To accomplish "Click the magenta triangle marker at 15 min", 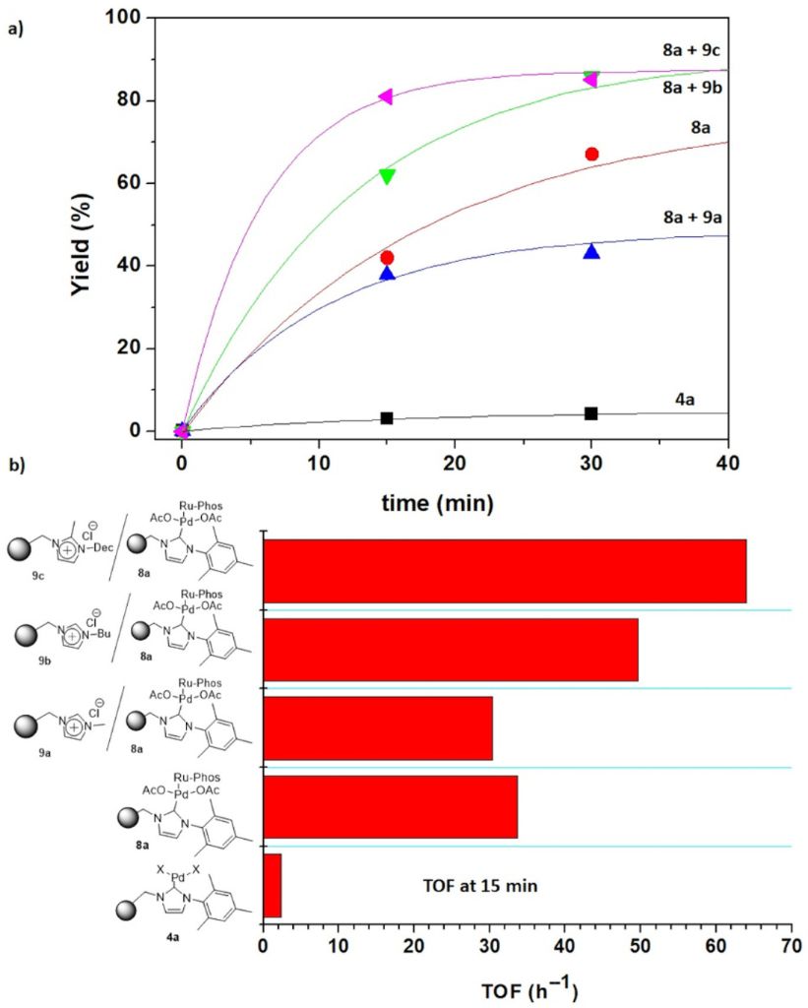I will (386, 96).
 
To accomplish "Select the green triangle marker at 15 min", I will (387, 175).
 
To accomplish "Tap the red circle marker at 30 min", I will (591, 154).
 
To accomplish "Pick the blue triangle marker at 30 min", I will (591, 252).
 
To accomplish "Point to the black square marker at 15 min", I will (387, 418).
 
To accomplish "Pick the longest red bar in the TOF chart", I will (505, 571).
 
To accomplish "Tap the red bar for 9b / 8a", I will (451, 650).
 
